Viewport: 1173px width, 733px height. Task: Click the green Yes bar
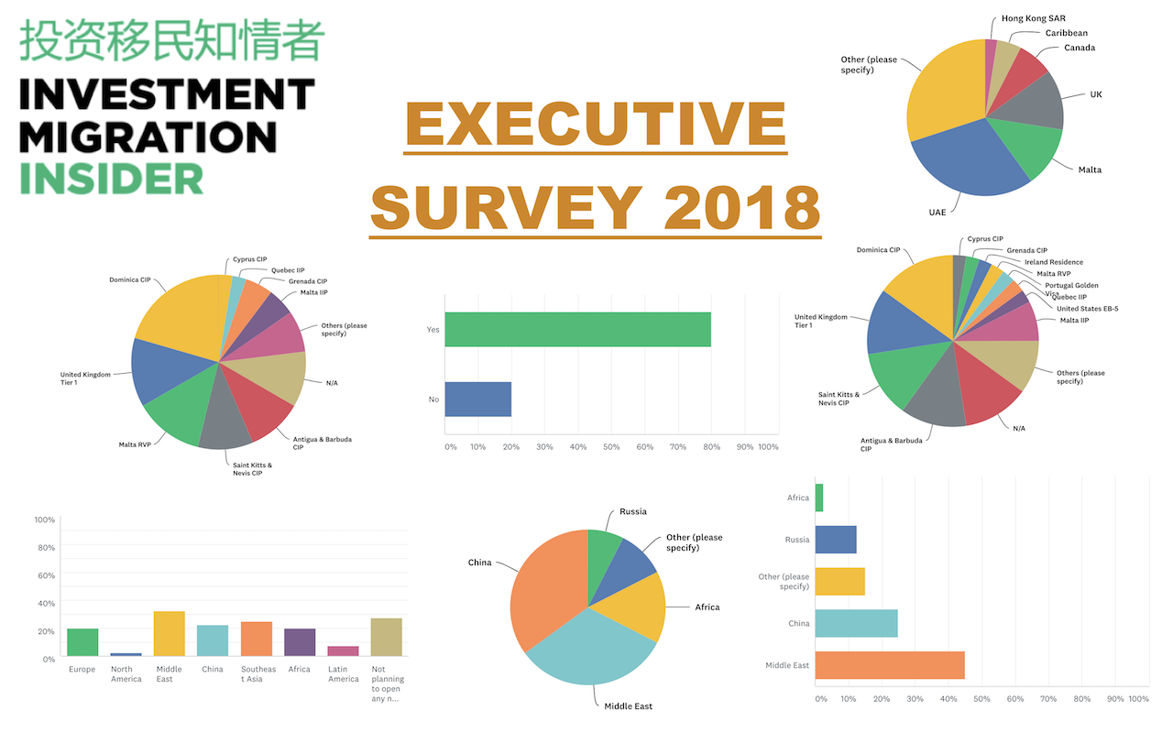pyautogui.click(x=577, y=330)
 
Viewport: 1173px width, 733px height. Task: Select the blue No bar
pyautogui.click(x=477, y=399)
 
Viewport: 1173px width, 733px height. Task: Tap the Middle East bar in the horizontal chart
pyautogui.click(x=889, y=665)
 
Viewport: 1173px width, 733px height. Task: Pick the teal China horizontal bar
pyautogui.click(x=856, y=623)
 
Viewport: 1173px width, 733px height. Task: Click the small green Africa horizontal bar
pyautogui.click(x=818, y=498)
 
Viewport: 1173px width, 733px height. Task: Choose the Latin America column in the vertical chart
pyautogui.click(x=343, y=651)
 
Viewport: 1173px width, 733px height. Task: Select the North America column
pyautogui.click(x=126, y=654)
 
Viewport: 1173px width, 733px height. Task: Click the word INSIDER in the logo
pyautogui.click(x=111, y=179)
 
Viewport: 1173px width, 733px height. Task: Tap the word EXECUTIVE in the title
pyautogui.click(x=596, y=126)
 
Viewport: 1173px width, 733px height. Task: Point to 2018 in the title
pyautogui.click(x=742, y=208)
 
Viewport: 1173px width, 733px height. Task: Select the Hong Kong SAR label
pyautogui.click(x=1033, y=18)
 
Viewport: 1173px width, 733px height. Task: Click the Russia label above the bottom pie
pyautogui.click(x=632, y=511)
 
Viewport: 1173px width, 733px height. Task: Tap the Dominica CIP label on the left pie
pyautogui.click(x=129, y=279)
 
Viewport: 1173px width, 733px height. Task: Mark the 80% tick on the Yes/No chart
pyautogui.click(x=711, y=447)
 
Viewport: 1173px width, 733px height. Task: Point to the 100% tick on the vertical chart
pyautogui.click(x=44, y=520)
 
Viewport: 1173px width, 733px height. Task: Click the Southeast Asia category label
pyautogui.click(x=257, y=674)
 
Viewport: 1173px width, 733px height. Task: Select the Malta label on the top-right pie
pyautogui.click(x=1090, y=170)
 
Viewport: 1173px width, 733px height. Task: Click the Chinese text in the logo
pyautogui.click(x=171, y=40)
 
